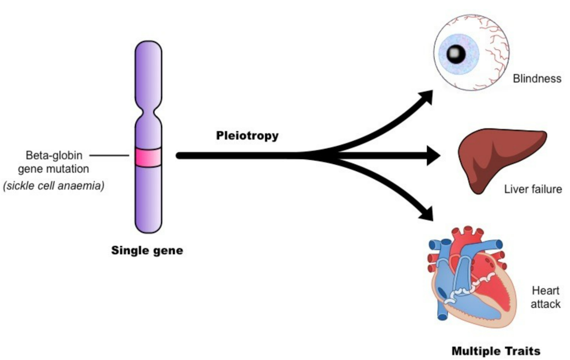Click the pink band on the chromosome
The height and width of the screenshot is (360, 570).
[148, 157]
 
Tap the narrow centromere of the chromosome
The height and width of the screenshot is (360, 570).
[148, 113]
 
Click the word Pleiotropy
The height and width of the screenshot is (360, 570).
[247, 136]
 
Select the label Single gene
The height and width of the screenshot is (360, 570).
[147, 250]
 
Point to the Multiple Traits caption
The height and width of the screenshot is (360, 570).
[496, 351]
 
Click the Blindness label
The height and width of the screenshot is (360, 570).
[537, 79]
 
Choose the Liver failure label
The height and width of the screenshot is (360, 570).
[533, 189]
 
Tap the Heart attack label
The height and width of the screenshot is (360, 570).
[546, 297]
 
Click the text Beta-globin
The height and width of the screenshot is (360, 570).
[54, 155]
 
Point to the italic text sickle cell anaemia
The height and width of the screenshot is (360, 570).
[54, 186]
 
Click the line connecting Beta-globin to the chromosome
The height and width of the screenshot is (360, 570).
[109, 155]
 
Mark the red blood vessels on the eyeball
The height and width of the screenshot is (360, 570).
[495, 47]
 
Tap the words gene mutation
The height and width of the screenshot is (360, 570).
[54, 169]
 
